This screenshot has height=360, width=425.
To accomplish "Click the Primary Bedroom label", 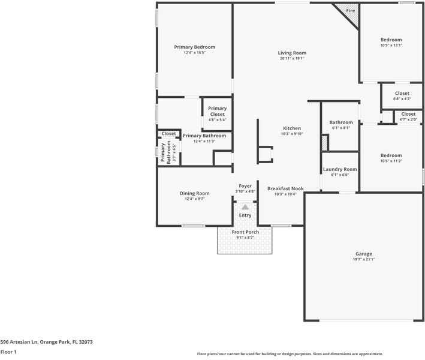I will pyautogui.click(x=194, y=47).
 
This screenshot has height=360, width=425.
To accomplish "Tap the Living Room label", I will pyautogui.click(x=292, y=53).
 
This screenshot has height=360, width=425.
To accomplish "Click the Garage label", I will pyautogui.click(x=364, y=254).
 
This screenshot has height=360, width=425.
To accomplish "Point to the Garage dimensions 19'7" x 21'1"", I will pyautogui.click(x=364, y=259).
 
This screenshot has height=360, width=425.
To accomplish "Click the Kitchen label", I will pyautogui.click(x=292, y=128).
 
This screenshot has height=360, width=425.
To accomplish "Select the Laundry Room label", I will pyautogui.click(x=340, y=169).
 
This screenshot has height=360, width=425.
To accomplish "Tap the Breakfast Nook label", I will pyautogui.click(x=285, y=188).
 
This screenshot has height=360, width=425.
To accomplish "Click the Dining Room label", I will pyautogui.click(x=195, y=193).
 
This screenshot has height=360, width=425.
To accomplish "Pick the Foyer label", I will pyautogui.click(x=245, y=186).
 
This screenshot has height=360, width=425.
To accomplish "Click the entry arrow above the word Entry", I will pyautogui.click(x=245, y=207).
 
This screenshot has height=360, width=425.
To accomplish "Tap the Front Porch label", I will pyautogui.click(x=245, y=232).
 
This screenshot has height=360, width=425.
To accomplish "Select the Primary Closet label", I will pyautogui.click(x=217, y=111).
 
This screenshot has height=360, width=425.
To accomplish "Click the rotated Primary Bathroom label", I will pyautogui.click(x=165, y=152).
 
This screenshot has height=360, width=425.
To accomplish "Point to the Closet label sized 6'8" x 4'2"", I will pyautogui.click(x=402, y=93).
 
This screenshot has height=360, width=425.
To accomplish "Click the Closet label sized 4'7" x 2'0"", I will pyautogui.click(x=408, y=114).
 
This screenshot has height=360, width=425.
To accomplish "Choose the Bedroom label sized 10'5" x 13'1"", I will pyautogui.click(x=391, y=40).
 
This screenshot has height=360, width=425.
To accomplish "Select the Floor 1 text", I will pyautogui.click(x=8, y=352).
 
